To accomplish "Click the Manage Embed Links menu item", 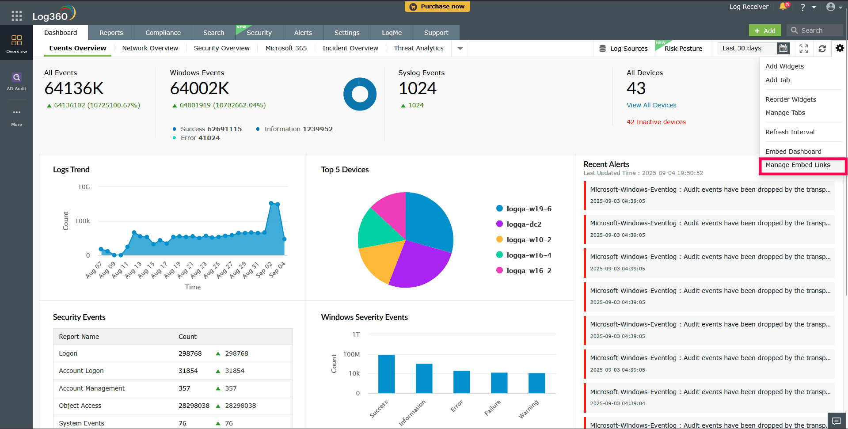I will (798, 165).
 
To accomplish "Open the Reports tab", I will (111, 33).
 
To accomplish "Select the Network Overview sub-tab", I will (150, 48).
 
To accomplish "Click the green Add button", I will (765, 30).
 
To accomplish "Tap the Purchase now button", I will (437, 7).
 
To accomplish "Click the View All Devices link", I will (651, 105).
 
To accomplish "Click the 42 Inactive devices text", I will (656, 122).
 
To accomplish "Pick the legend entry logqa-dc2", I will (524, 224).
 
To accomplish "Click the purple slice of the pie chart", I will (418, 265).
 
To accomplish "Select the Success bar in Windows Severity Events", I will (386, 374).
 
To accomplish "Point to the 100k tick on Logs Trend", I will (83, 221).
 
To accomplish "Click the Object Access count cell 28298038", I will (194, 406).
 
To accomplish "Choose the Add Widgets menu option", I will (784, 66).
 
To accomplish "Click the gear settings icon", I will (840, 48).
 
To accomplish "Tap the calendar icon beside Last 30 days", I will (783, 48).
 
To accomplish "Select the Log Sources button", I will (623, 49).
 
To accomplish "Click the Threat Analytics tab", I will (418, 48).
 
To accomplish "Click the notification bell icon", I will (783, 7).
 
